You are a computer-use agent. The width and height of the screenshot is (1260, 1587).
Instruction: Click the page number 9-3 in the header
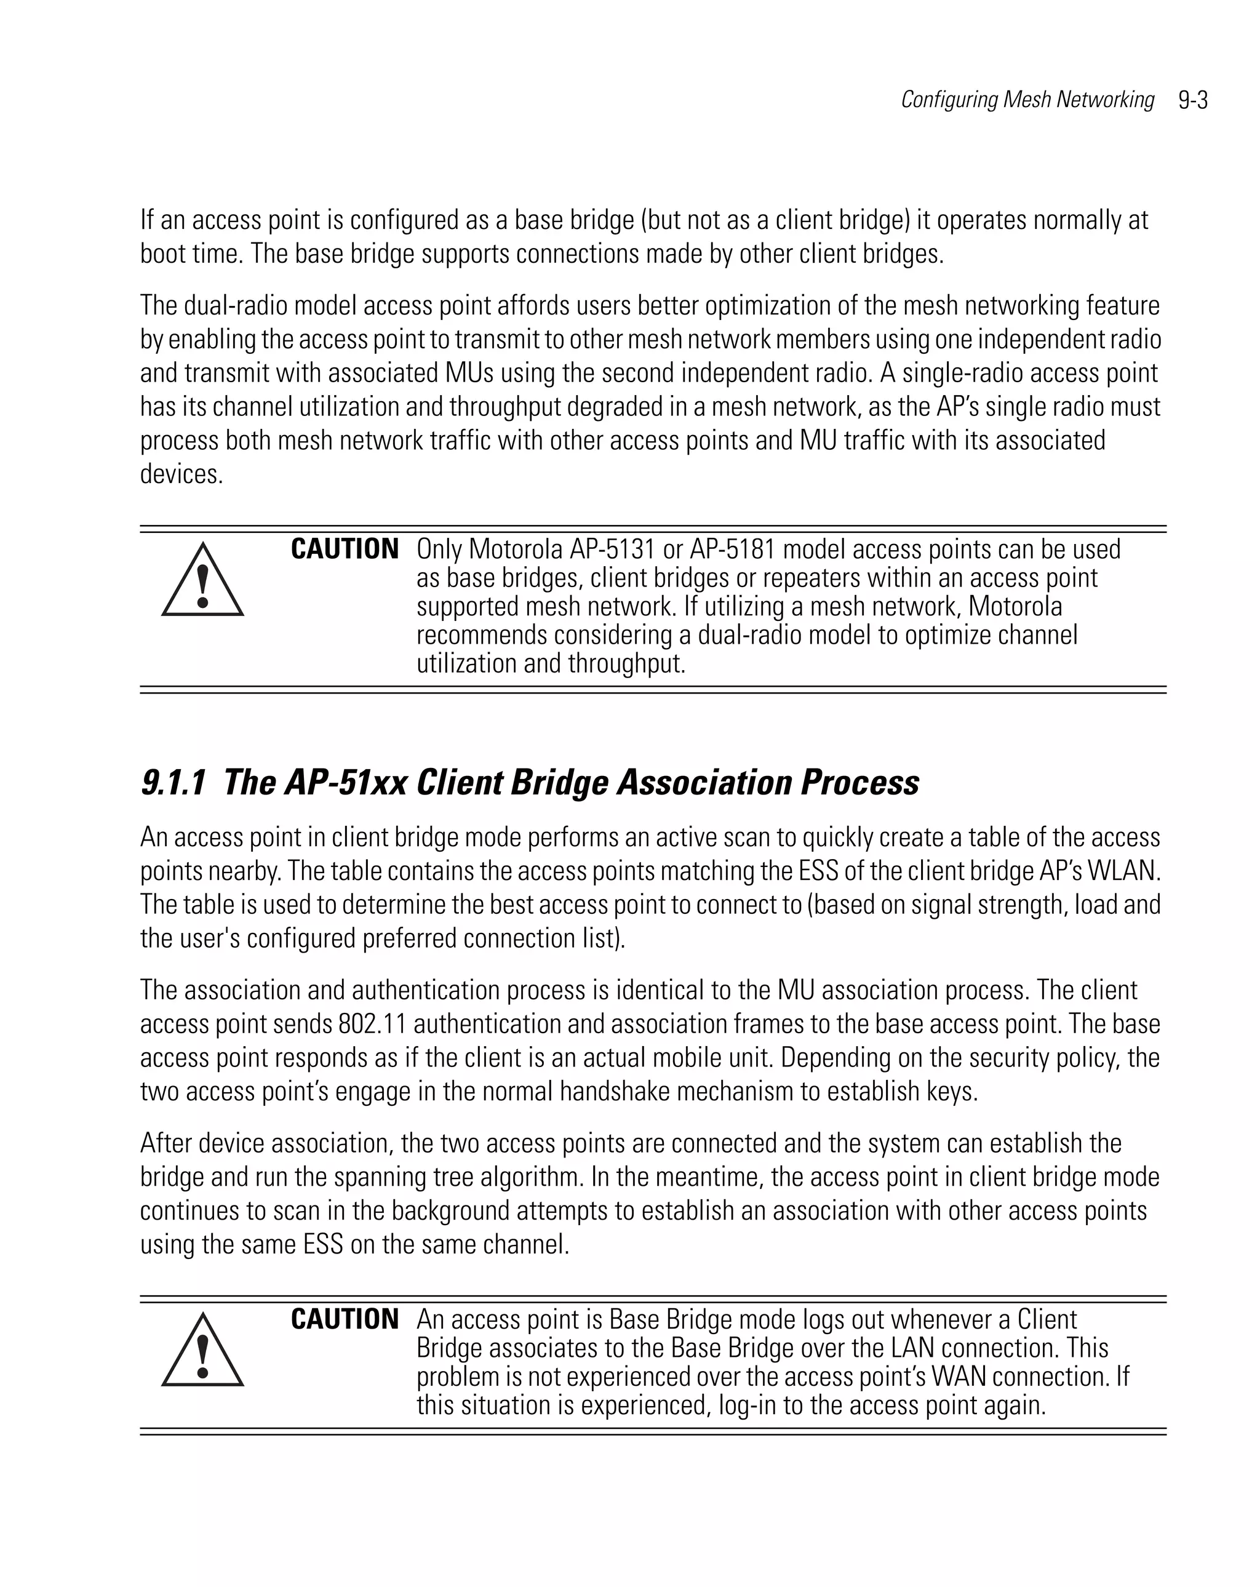point(1192,100)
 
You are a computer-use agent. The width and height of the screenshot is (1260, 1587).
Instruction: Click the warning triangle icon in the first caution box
point(202,582)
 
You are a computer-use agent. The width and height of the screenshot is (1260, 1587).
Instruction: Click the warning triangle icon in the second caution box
point(202,1352)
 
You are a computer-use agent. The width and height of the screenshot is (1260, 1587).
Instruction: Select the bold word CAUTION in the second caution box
point(345,1320)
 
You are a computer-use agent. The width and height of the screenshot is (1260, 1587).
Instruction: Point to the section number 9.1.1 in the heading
point(173,783)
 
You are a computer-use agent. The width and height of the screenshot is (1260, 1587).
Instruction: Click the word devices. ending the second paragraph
point(181,474)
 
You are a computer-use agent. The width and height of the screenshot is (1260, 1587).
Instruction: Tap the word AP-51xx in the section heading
point(345,783)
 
